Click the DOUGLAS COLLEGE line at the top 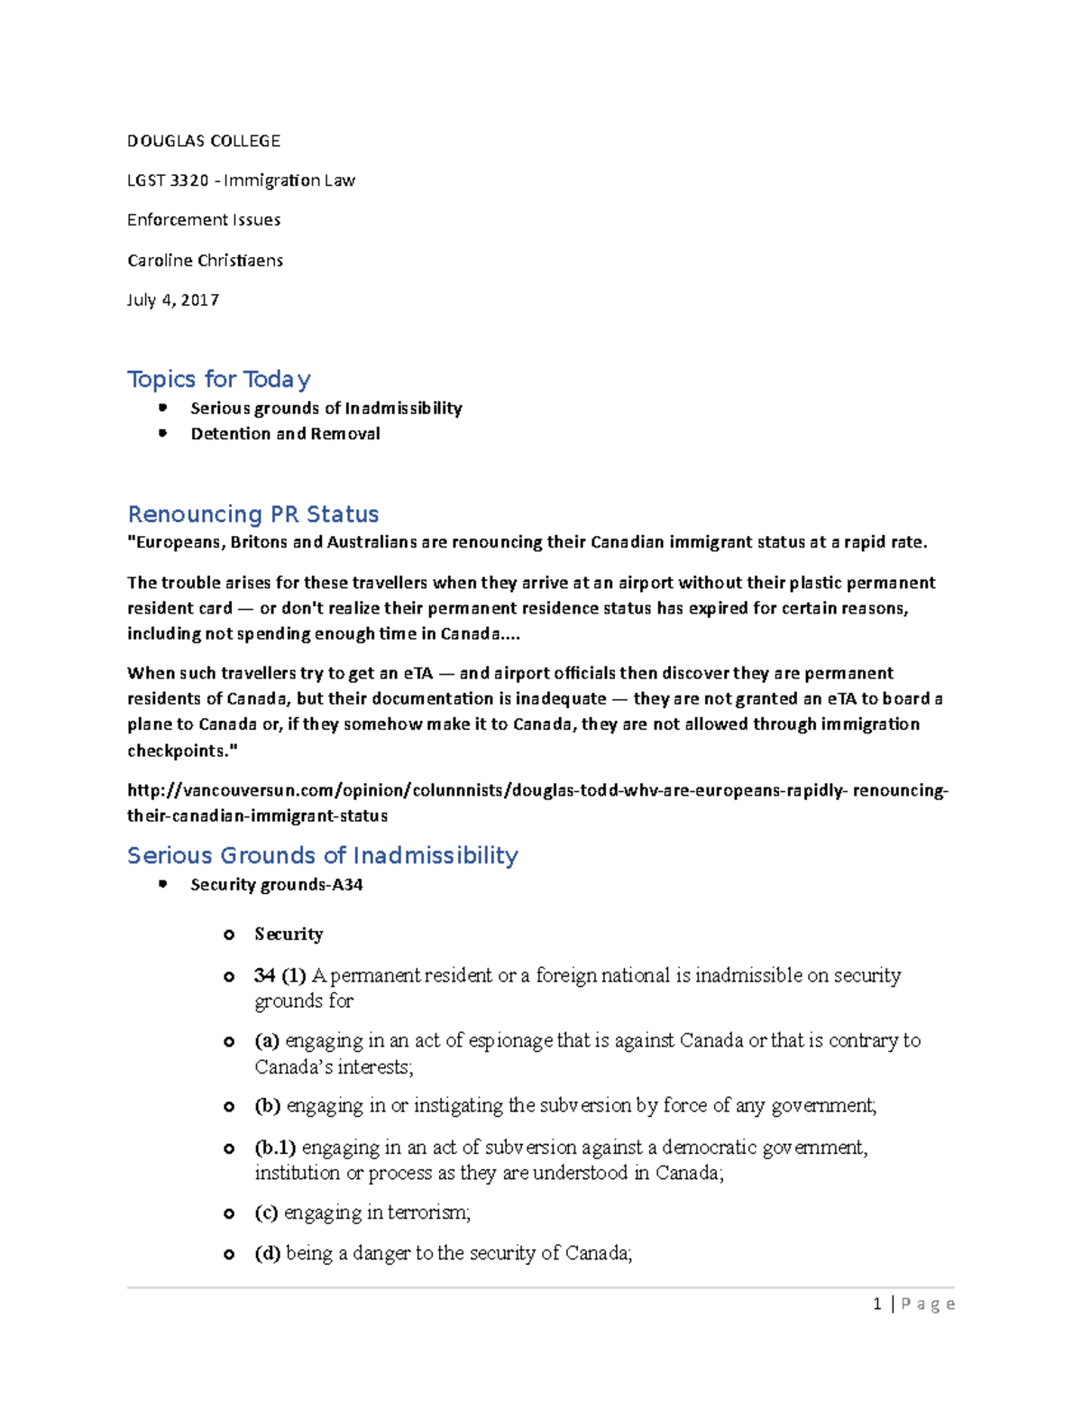(x=204, y=141)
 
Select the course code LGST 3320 (x=168, y=180)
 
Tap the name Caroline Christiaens (x=205, y=261)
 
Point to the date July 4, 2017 (x=173, y=300)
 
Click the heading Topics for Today (x=219, y=379)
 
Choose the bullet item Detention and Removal (x=285, y=434)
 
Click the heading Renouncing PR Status (x=252, y=514)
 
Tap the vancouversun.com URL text (x=536, y=791)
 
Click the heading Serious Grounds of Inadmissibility (x=322, y=855)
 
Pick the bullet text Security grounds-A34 (x=276, y=885)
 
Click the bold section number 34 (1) (x=280, y=975)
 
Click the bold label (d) (x=267, y=1253)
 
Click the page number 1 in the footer (x=876, y=1304)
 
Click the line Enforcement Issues (x=204, y=220)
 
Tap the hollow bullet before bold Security (x=229, y=935)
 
